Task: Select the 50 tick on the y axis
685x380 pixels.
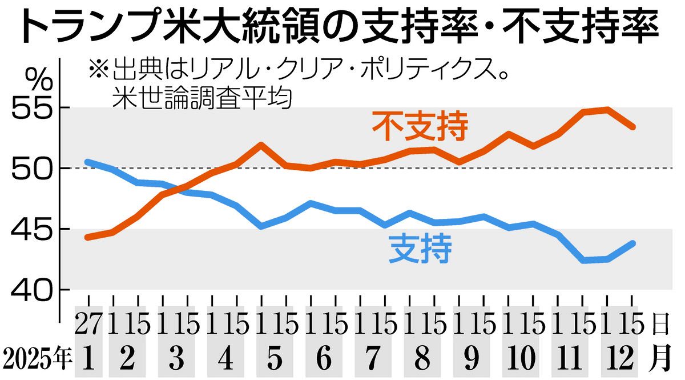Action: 31,169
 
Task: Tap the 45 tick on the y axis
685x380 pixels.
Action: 31,230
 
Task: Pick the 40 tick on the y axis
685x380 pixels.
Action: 31,290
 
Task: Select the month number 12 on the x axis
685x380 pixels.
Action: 619,358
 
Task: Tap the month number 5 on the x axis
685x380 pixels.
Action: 275,358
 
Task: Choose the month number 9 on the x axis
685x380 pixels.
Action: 471,358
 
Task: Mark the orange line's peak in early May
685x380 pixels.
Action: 260,145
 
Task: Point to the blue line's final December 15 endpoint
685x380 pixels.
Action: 632,243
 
